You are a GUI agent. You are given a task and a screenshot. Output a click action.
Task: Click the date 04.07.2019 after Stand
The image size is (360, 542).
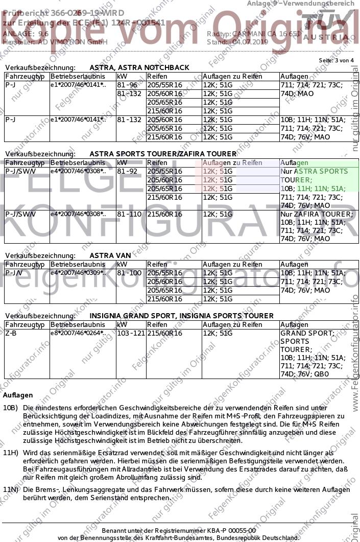click(250, 41)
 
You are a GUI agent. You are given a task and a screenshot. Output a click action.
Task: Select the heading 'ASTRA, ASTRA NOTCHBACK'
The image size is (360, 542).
click(139, 67)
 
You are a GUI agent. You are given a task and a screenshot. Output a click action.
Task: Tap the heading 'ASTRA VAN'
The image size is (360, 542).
click(110, 255)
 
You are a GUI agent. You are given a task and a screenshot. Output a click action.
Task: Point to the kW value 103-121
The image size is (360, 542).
click(130, 333)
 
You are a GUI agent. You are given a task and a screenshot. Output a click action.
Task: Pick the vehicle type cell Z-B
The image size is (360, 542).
click(11, 333)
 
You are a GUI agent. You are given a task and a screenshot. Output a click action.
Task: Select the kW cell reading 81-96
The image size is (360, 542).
click(127, 85)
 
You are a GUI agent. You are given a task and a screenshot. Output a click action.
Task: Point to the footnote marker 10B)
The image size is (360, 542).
click(10, 408)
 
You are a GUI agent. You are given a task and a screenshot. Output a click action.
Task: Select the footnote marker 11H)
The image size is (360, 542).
click(10, 453)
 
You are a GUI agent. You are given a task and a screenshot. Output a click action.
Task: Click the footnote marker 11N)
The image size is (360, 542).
click(10, 490)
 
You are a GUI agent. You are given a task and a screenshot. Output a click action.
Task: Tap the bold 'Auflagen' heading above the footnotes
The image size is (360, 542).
click(18, 395)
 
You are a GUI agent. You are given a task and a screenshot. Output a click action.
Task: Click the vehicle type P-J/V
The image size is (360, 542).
click(13, 273)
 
